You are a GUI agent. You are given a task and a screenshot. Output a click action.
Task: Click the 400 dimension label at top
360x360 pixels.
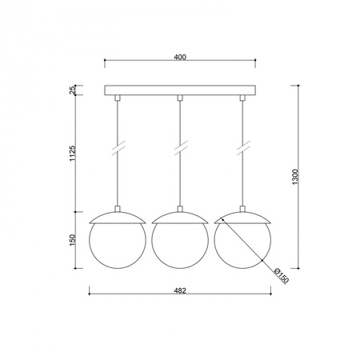click(180, 57)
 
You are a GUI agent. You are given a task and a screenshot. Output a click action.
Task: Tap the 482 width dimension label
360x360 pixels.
click(180, 290)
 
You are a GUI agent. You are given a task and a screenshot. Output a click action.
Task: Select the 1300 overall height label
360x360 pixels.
click(295, 177)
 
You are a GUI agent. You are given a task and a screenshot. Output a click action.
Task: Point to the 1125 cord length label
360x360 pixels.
click(73, 153)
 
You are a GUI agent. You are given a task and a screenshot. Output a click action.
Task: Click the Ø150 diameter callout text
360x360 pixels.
click(282, 276)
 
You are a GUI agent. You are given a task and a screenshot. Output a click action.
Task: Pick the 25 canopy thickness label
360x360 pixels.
click(73, 90)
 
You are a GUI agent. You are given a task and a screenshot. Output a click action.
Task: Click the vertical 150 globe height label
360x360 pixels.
click(73, 240)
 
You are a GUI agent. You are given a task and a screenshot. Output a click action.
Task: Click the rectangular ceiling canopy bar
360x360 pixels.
click(180, 90)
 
